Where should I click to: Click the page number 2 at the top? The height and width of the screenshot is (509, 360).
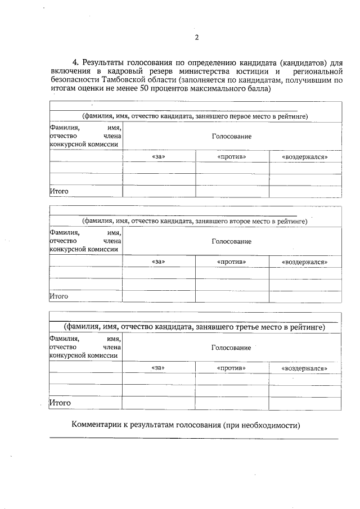[x=197, y=38]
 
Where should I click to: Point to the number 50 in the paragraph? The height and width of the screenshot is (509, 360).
[x=148, y=89]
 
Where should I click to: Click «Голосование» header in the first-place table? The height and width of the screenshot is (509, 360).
[x=231, y=137]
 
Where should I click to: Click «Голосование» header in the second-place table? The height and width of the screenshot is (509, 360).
[x=231, y=242]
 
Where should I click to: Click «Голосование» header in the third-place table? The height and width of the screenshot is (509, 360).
[x=231, y=348]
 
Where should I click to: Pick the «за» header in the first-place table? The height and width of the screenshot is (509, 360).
[x=159, y=157]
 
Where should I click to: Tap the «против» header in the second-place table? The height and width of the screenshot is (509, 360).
[x=231, y=262]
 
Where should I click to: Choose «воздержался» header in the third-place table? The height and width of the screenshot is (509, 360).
[x=304, y=368]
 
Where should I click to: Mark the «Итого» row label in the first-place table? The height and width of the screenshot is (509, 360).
[x=59, y=191]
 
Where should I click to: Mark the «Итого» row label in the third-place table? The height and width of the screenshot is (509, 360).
[x=60, y=403]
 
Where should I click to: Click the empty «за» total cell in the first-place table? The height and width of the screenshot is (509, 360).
[x=159, y=191]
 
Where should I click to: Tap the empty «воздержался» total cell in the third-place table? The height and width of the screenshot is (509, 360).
[x=304, y=403]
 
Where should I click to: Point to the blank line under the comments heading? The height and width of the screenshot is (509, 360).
[x=194, y=437]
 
